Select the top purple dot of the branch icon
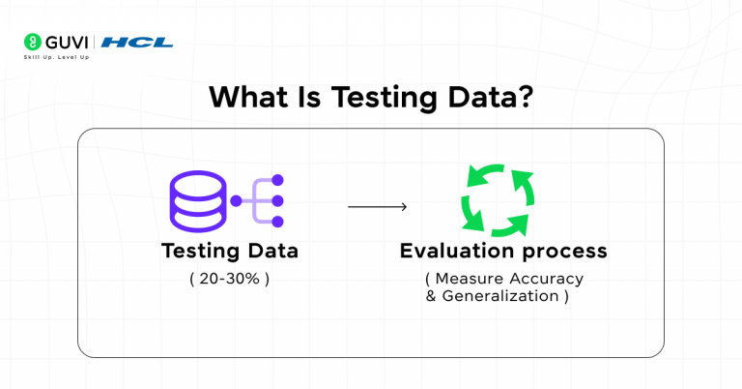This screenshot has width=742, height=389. tap(276, 179)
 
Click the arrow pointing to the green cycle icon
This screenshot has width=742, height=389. tap(377, 206)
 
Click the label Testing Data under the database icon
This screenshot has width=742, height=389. tap(229, 252)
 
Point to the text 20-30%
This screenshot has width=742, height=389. tap(229, 279)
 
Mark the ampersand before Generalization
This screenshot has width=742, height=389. tap(431, 296)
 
